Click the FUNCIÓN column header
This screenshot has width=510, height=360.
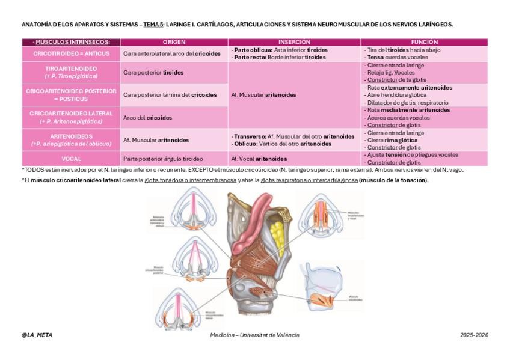tap(424, 42)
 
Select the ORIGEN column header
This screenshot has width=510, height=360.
tap(174, 42)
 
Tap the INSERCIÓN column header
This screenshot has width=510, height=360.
tap(294, 42)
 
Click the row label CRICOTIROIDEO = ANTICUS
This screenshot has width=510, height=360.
tap(71, 53)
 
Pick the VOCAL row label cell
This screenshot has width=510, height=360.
tap(71, 159)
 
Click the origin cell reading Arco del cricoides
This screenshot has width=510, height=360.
tap(147, 118)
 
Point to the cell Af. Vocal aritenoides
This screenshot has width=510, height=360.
tap(259, 159)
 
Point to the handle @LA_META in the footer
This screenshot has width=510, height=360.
tap(37, 335)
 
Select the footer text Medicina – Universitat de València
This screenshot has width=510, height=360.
tap(254, 335)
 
